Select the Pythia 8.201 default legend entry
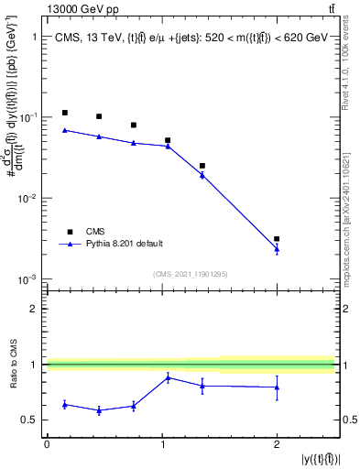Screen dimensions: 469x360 tap(125, 243)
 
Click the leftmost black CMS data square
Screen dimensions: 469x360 tap(64, 113)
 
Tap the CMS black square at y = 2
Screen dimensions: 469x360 tap(277, 238)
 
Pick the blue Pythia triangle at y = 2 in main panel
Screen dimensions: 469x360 tap(277, 248)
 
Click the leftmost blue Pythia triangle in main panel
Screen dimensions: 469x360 tap(64, 130)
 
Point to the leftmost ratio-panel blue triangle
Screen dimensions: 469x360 tap(64, 404)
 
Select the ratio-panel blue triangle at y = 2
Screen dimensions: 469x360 tap(277, 387)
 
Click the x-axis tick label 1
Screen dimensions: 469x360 tap(161, 444)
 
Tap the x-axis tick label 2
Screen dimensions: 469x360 tap(277, 444)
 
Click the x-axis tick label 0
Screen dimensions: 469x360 tap(47, 444)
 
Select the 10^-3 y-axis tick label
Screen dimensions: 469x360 tap(27, 278)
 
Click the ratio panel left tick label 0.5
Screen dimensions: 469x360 tap(30, 420)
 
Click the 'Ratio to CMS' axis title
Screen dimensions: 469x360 tap(14, 364)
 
